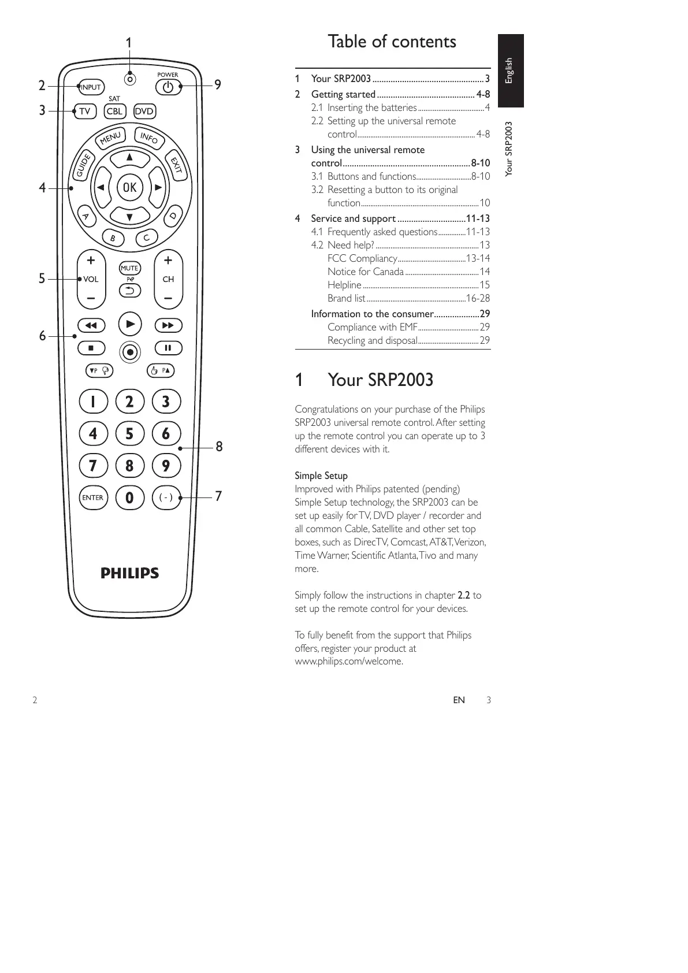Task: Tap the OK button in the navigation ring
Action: [x=129, y=187]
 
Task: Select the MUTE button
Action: [x=129, y=268]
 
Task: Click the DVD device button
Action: [x=144, y=112]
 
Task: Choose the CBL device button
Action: [x=115, y=112]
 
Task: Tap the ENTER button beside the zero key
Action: [x=92, y=497]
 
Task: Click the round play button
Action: [x=130, y=324]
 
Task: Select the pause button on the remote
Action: [x=168, y=348]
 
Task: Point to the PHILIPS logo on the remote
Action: [x=130, y=573]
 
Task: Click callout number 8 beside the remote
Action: [x=219, y=447]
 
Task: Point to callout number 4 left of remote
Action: [x=42, y=188]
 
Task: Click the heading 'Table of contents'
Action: [x=392, y=42]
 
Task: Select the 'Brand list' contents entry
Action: [x=346, y=298]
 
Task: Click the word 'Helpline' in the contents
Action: [x=344, y=285]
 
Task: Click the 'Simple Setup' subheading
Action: [x=321, y=476]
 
